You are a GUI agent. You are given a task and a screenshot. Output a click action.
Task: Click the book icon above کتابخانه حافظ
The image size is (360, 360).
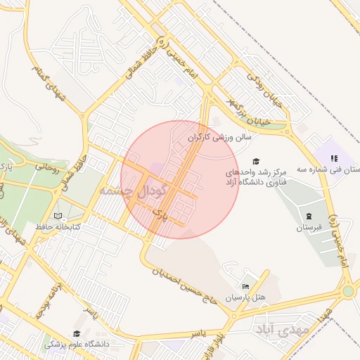(58, 216)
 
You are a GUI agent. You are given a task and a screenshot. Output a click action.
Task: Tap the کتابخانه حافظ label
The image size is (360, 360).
(58, 227)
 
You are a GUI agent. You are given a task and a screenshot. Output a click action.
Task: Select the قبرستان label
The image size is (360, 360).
(309, 227)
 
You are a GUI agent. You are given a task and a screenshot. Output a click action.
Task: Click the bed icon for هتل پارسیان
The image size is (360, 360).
(245, 286)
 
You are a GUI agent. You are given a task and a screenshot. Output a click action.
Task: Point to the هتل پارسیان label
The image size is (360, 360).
(246, 297)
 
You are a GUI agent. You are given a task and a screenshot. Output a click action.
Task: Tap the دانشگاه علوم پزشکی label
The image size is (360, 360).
(77, 344)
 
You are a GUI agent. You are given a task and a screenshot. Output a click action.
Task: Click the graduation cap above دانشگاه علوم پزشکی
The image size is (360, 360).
(76, 333)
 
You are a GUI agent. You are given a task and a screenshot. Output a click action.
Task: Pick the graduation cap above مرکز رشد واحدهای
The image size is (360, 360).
(255, 161)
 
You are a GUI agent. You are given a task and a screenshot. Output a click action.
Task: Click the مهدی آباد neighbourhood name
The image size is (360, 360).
(282, 329)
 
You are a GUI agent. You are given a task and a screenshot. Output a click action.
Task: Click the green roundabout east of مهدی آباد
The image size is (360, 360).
(347, 291)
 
